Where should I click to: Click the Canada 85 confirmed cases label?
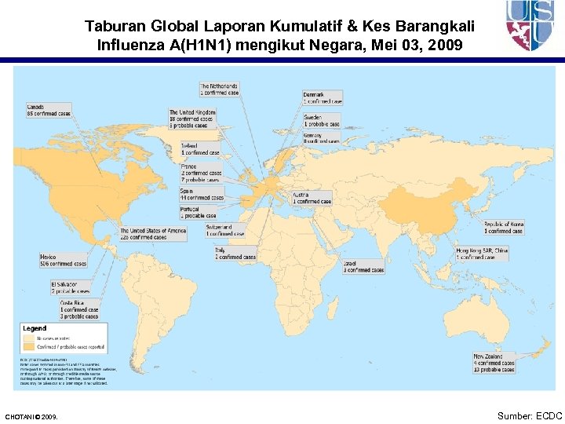49,110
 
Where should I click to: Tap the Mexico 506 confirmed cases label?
63,260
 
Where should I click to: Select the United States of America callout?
153,234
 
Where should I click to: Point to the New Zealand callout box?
494,361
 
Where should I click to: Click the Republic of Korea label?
503,228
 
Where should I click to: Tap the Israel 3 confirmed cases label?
363,267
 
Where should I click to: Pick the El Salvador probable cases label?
71,287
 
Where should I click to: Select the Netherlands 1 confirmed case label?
220,90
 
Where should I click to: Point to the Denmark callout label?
323,98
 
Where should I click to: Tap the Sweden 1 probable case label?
322,121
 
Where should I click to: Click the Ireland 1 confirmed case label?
200,148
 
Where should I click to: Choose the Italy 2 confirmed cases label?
235,254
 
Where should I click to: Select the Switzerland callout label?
225,230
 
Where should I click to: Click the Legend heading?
35,328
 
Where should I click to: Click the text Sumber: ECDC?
529,415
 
